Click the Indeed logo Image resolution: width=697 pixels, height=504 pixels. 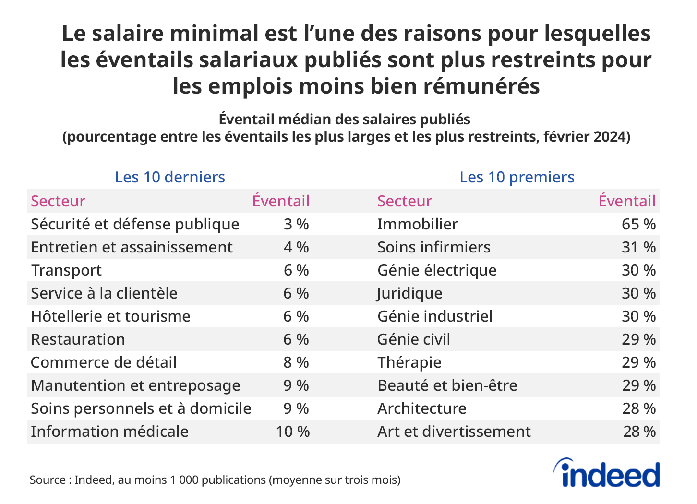tap(607, 474)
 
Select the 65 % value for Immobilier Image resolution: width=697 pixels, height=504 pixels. tap(638, 224)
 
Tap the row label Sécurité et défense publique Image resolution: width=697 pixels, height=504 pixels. tap(135, 224)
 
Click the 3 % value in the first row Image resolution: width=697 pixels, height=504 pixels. tap(296, 224)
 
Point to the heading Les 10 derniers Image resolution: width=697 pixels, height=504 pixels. tap(170, 177)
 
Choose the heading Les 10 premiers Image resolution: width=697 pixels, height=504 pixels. tap(517, 177)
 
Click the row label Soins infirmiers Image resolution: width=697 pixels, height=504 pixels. tap(433, 247)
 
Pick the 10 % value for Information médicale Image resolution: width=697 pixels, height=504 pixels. tap(292, 432)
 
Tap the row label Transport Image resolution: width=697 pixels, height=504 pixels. tap(66, 270)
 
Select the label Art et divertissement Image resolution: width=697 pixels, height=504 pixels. tap(454, 432)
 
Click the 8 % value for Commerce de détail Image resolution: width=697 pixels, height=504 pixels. tap(296, 362)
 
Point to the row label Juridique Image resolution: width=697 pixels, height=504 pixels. tap(409, 293)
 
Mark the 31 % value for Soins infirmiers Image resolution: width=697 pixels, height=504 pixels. tap(638, 247)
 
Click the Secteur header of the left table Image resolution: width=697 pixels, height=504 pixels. tap(58, 201)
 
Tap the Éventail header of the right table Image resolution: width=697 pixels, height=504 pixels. tap(626, 201)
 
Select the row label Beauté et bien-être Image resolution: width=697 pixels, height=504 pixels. tap(447, 385)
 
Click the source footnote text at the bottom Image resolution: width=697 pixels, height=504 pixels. tap(215, 480)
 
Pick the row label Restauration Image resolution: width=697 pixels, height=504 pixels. tap(78, 339)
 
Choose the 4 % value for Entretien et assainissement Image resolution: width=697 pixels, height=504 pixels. tap(296, 247)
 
